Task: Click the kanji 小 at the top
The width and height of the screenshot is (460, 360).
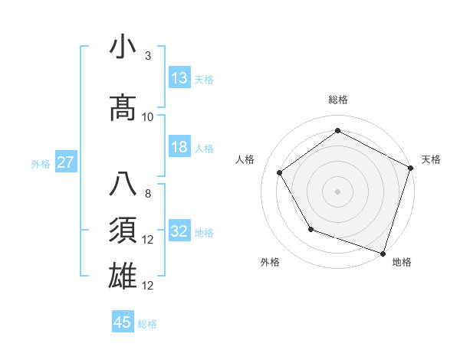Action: click(123, 47)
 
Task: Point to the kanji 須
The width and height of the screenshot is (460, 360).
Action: click(123, 231)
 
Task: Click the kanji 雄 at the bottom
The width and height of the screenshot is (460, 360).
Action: click(123, 277)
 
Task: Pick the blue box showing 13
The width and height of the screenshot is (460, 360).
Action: click(179, 78)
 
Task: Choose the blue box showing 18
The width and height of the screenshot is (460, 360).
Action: click(179, 148)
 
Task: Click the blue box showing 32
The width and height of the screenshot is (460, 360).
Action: click(179, 232)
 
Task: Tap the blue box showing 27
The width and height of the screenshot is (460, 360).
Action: click(65, 162)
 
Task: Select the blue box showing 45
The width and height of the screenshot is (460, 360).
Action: click(123, 322)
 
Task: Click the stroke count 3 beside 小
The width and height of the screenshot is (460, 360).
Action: click(147, 56)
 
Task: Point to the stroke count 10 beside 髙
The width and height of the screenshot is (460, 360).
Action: click(148, 117)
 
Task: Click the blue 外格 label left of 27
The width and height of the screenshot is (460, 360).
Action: click(41, 163)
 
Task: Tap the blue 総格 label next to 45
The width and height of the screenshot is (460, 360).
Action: click(147, 324)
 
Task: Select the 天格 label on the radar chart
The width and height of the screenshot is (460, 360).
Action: click(431, 159)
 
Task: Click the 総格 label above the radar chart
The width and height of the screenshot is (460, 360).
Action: click(337, 100)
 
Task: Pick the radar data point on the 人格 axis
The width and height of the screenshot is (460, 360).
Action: click(280, 172)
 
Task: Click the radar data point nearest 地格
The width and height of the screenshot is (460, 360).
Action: click(383, 252)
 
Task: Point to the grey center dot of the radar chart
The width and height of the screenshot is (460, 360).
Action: click(337, 191)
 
